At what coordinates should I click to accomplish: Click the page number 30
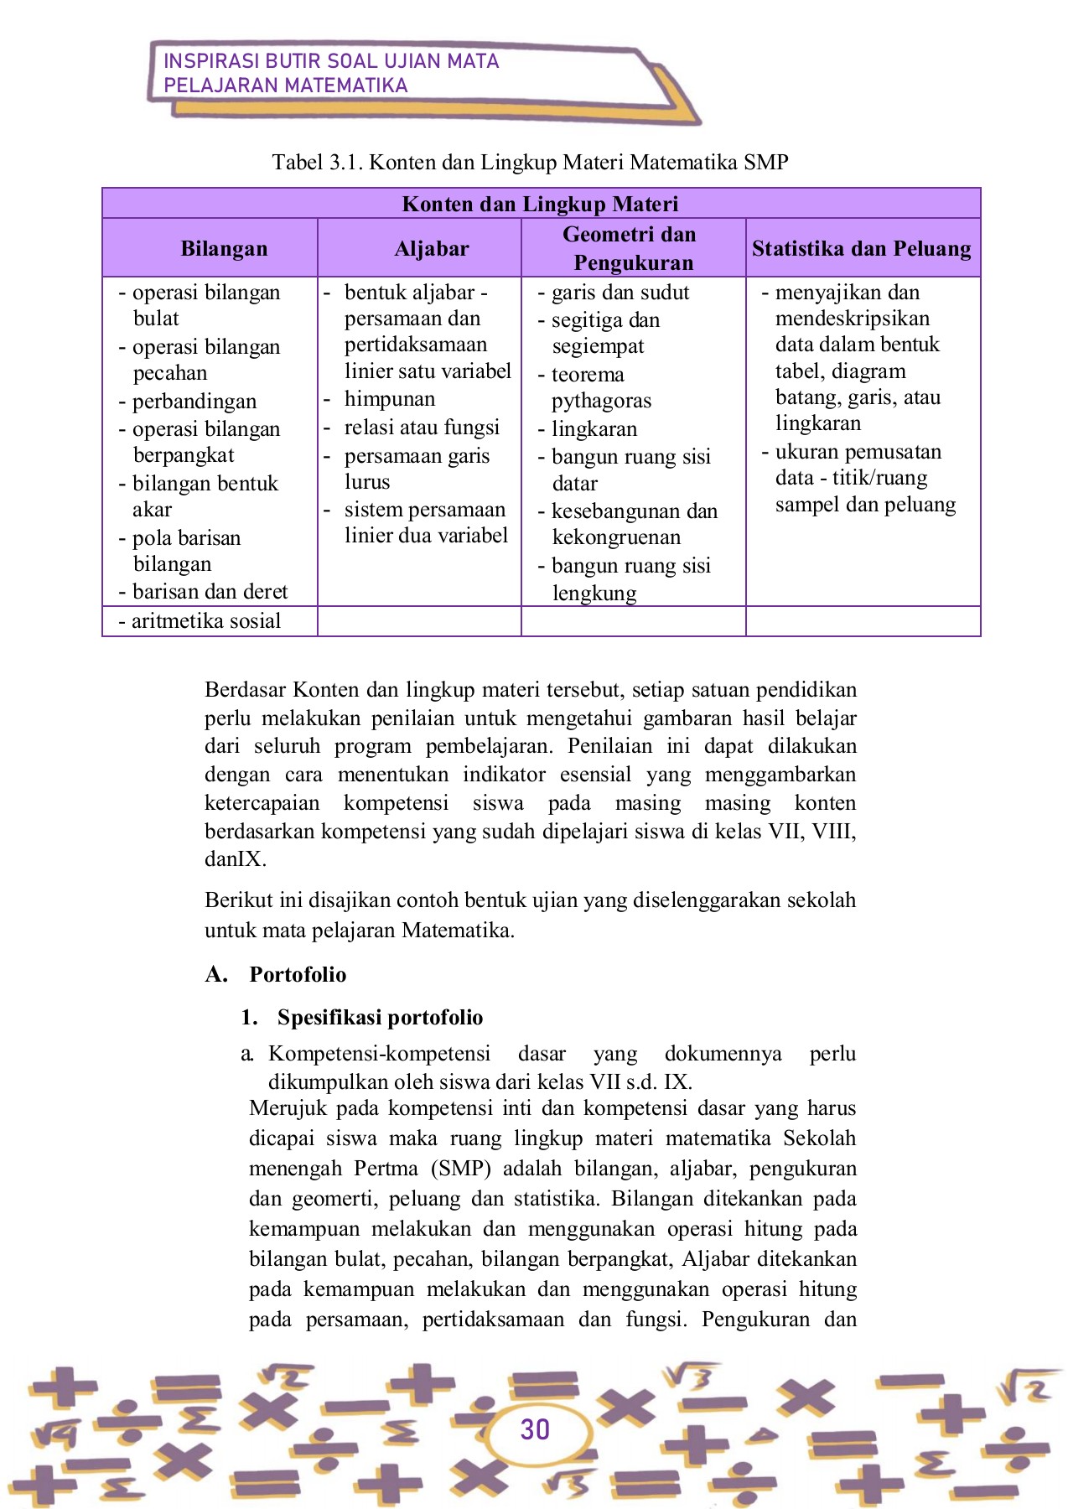click(x=535, y=1429)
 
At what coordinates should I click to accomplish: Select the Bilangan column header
click(x=224, y=248)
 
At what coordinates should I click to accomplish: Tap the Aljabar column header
click(x=432, y=248)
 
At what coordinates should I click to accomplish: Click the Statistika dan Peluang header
click(x=861, y=248)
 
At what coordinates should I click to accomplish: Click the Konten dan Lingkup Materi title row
click(x=540, y=204)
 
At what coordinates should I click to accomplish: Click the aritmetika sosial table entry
click(x=205, y=621)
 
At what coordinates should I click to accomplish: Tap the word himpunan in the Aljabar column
click(x=389, y=399)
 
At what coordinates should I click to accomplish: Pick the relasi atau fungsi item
click(x=421, y=428)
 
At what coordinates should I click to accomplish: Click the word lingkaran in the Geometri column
click(x=594, y=429)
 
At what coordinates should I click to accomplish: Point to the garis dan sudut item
click(x=620, y=293)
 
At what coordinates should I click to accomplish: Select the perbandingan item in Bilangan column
click(x=194, y=402)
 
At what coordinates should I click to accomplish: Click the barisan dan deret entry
click(x=209, y=592)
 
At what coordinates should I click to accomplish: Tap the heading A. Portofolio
click(x=277, y=974)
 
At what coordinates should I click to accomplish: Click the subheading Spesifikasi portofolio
click(x=379, y=1017)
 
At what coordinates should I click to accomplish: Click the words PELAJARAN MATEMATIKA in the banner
click(x=285, y=86)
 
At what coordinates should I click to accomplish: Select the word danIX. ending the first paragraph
click(x=236, y=859)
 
